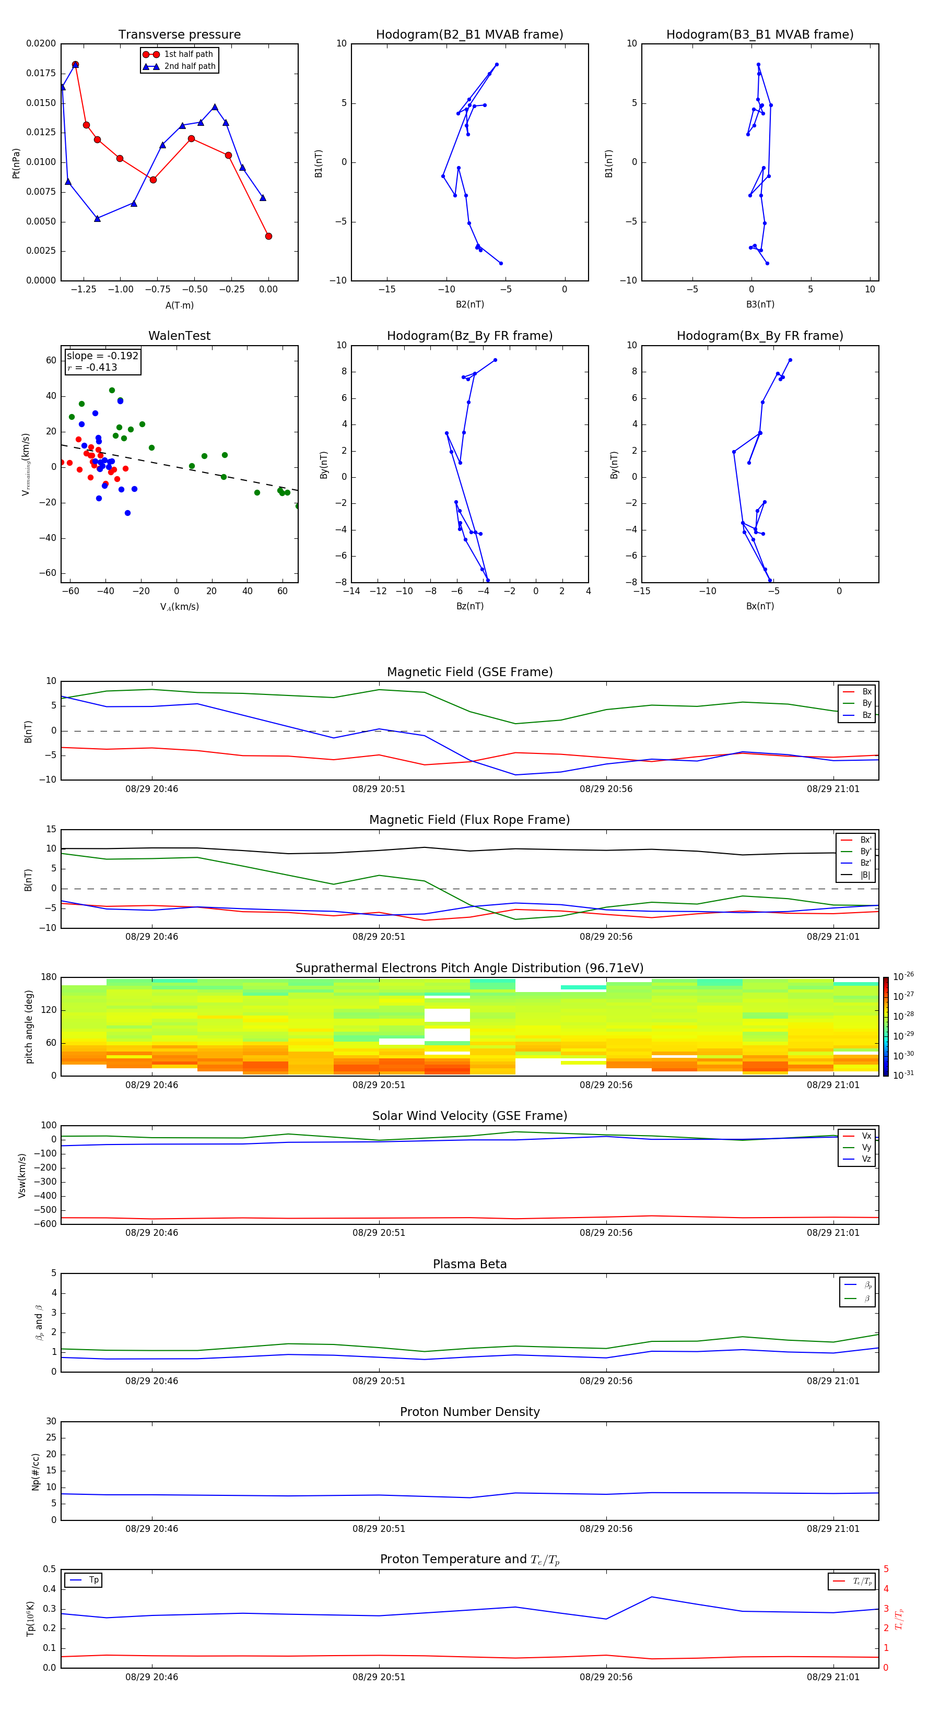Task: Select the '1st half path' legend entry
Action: [188, 54]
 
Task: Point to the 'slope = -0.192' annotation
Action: [102, 356]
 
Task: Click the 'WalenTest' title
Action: [179, 336]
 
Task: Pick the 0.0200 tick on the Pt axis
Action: [41, 43]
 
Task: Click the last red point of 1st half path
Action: [268, 236]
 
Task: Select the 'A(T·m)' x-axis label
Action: [179, 305]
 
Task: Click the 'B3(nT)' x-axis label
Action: [760, 304]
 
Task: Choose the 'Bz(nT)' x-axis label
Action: [469, 606]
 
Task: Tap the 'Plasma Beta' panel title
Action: [469, 1264]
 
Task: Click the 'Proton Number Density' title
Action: [469, 1412]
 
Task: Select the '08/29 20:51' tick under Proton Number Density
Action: [379, 1528]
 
